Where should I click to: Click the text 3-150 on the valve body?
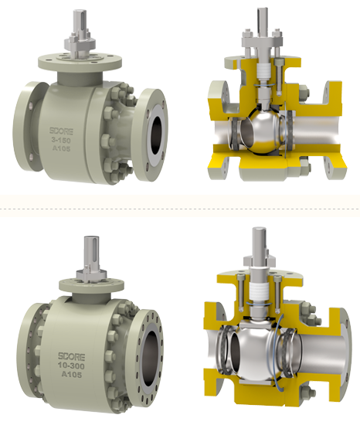coord(61,141)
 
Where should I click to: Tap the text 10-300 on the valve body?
coord(71,366)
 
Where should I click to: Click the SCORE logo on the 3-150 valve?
coord(61,131)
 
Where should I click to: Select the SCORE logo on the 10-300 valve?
coord(72,357)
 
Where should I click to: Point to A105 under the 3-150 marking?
coord(62,149)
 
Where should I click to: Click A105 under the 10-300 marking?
coord(72,375)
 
